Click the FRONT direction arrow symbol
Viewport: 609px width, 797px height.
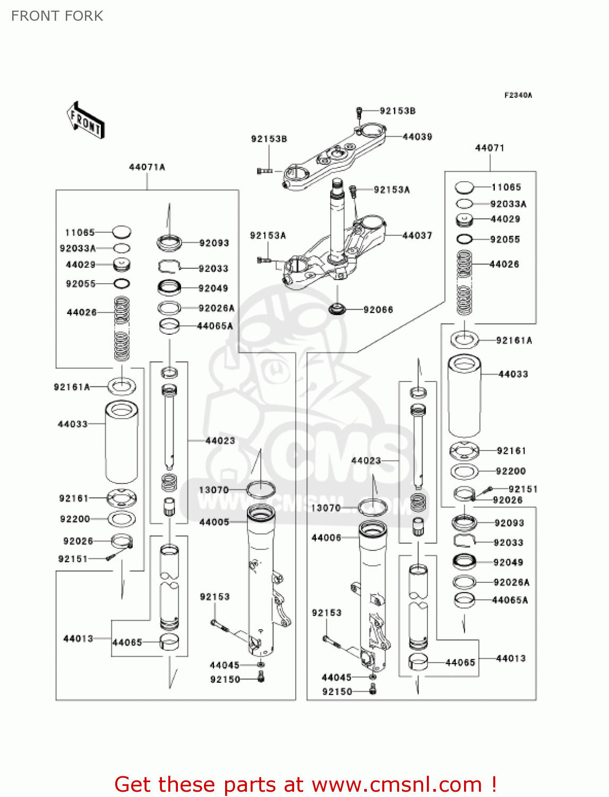85,121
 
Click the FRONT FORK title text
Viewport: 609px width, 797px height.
57,16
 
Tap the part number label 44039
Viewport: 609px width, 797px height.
417,137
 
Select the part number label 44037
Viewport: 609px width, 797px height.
417,235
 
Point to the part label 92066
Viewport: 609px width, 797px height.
378,310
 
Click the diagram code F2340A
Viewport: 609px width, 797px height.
518,96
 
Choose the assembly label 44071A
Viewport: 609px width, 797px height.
147,167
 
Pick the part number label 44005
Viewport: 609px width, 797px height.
214,522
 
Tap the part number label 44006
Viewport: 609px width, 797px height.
326,538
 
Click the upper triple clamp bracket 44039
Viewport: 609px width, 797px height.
334,157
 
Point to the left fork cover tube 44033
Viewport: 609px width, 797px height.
122,442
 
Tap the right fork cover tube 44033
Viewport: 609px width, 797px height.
465,396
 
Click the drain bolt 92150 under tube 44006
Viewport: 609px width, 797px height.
373,690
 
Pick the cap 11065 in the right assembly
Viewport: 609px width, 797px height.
464,187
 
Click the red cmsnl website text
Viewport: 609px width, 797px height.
305,784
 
